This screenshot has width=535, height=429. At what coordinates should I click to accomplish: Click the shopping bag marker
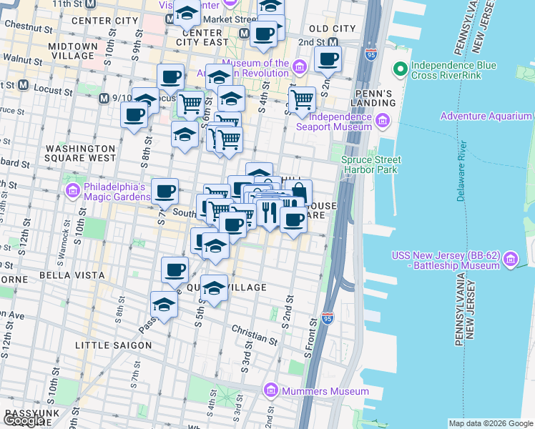pyautogui.click(x=298, y=193)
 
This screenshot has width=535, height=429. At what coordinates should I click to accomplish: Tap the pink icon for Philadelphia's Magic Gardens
pyautogui.click(x=72, y=190)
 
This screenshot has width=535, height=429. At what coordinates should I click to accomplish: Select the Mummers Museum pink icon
pyautogui.click(x=270, y=390)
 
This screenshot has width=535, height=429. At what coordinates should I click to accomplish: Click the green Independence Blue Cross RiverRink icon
pyautogui.click(x=399, y=71)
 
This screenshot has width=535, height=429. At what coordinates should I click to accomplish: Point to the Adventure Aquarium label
pyautogui.click(x=486, y=116)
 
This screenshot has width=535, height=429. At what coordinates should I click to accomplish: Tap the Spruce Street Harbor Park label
pyautogui.click(x=371, y=165)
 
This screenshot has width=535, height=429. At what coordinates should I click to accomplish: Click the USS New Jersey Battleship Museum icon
pyautogui.click(x=510, y=260)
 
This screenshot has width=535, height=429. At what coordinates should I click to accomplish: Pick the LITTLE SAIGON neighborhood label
pyautogui.click(x=114, y=345)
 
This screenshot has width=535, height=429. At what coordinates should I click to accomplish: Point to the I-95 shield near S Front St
pyautogui.click(x=328, y=317)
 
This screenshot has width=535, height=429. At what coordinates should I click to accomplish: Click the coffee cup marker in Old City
pyautogui.click(x=328, y=59)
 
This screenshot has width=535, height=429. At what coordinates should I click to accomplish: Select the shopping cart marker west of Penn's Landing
pyautogui.click(x=302, y=100)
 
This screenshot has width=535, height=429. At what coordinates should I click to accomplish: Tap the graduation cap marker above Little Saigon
pyautogui.click(x=165, y=305)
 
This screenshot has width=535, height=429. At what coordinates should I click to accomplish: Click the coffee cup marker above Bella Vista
pyautogui.click(x=175, y=270)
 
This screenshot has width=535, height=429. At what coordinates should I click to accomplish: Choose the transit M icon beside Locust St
pyautogui.click(x=23, y=86)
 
